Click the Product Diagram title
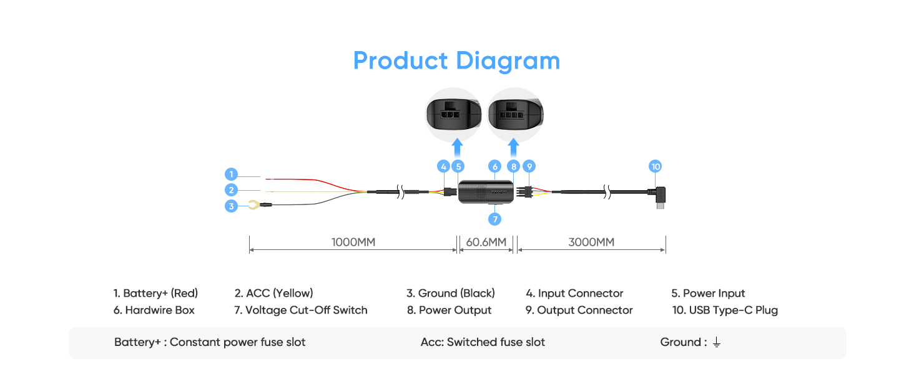click(x=456, y=61)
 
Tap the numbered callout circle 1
click(x=232, y=175)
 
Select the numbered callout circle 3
click(x=232, y=206)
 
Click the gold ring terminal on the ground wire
click(x=253, y=204)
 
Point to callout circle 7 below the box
click(x=495, y=219)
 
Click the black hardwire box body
click(x=486, y=191)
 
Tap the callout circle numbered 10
click(x=655, y=166)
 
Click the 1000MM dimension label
click(x=353, y=242)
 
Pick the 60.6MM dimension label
click(x=486, y=242)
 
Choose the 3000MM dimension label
click(x=591, y=242)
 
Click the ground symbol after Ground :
click(x=716, y=343)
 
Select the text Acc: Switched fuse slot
click(x=483, y=342)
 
